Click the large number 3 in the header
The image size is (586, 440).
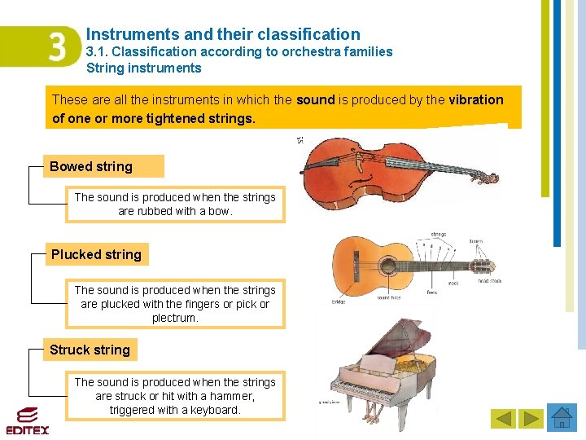pyautogui.click(x=56, y=47)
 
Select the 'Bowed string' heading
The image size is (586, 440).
pyautogui.click(x=91, y=166)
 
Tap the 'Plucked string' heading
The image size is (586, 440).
pyautogui.click(x=96, y=254)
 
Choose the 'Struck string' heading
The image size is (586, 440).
pyautogui.click(x=90, y=350)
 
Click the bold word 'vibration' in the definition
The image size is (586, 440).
pyautogui.click(x=476, y=99)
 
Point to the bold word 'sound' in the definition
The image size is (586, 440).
pyautogui.click(x=316, y=99)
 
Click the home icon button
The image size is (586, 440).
pyautogui.click(x=562, y=418)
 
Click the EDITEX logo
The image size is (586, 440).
pyautogui.click(x=28, y=420)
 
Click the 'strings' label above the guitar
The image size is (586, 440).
pyautogui.click(x=438, y=234)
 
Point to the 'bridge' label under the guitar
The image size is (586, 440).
pyautogui.click(x=338, y=301)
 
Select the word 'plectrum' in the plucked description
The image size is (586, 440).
pyautogui.click(x=175, y=318)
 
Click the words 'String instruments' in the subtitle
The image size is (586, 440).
pyautogui.click(x=144, y=68)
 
